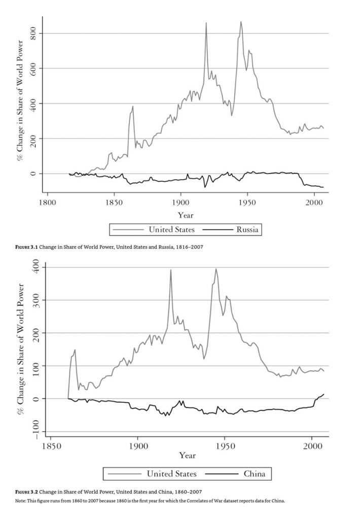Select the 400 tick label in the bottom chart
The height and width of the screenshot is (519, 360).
click(x=36, y=267)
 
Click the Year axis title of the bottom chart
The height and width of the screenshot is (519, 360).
click(x=187, y=456)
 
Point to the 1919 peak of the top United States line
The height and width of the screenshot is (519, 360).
click(x=206, y=23)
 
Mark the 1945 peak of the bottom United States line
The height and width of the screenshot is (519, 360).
click(x=216, y=269)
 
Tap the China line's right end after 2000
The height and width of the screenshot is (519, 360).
click(x=323, y=394)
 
